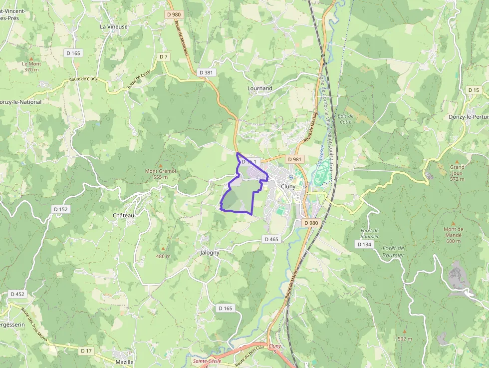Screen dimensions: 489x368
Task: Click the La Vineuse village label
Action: (114, 26)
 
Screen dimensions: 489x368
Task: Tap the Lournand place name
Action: (260, 88)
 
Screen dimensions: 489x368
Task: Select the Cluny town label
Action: (288, 186)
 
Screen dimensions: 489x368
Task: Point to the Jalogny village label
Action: (210, 253)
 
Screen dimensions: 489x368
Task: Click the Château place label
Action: (124, 215)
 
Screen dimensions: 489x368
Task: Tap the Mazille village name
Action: (124, 362)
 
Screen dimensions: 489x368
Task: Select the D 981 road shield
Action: (295, 159)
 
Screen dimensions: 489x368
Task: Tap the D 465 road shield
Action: (271, 239)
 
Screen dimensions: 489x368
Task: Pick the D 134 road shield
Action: (364, 244)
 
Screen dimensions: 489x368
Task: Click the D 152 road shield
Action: (60, 209)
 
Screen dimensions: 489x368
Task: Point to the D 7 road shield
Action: (164, 57)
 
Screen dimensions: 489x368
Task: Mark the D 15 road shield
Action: (474, 90)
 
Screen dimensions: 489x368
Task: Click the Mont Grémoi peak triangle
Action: (161, 165)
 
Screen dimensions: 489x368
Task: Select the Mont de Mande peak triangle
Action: (453, 223)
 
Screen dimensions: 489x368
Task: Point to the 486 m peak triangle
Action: (163, 249)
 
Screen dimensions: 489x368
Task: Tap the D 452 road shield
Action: (17, 294)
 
